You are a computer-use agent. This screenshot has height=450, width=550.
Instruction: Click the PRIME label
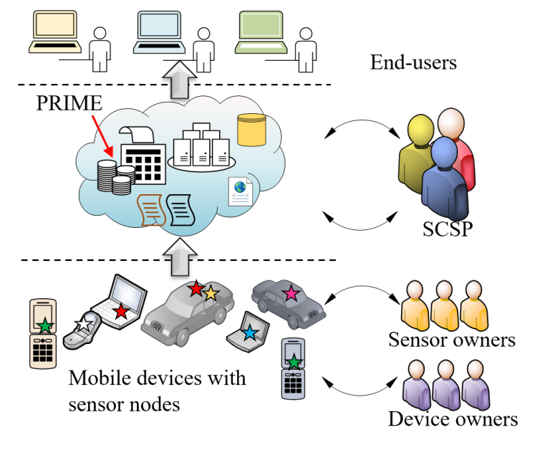click(69, 102)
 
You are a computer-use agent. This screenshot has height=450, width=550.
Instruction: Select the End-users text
click(413, 63)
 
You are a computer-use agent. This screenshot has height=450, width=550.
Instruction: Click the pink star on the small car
click(291, 292)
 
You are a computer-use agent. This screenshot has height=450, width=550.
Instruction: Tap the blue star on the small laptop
click(249, 332)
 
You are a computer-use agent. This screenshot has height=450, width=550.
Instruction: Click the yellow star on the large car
click(211, 293)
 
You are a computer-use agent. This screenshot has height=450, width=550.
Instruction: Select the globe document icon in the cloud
click(239, 191)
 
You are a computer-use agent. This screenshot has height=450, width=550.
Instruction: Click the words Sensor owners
click(451, 339)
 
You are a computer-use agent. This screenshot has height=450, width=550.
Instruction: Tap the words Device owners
click(453, 418)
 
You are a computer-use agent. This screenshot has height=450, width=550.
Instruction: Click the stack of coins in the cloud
click(115, 176)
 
